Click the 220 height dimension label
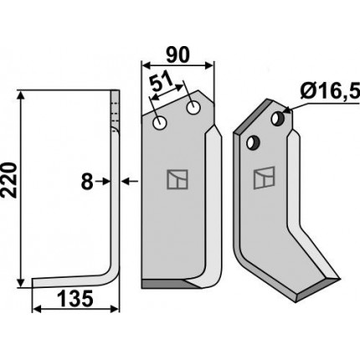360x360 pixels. coord(8,180)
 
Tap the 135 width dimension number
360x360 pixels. coord(75,298)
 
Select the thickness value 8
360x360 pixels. coord(87,182)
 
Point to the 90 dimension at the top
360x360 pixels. coord(177,54)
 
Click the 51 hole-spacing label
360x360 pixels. coord(162,81)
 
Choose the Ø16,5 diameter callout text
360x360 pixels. coord(330,91)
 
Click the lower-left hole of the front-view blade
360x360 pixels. coord(160,122)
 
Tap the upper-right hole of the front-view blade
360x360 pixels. coord(193,107)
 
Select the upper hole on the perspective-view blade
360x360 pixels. coord(278,118)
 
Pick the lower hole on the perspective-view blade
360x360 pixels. coord(254,142)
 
